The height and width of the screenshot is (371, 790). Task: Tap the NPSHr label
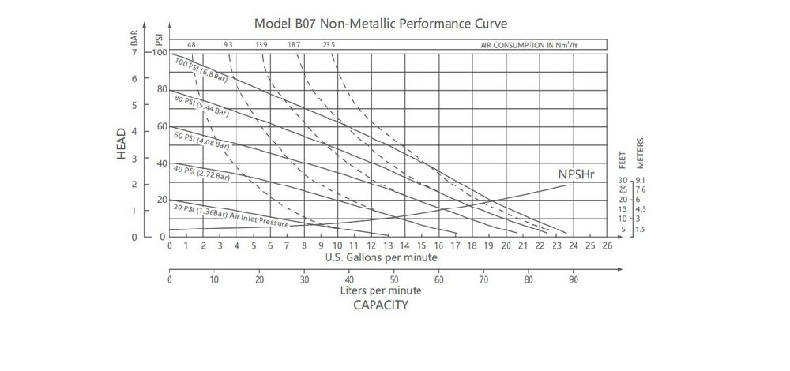(577, 175)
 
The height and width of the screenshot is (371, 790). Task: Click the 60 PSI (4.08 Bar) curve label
(201, 140)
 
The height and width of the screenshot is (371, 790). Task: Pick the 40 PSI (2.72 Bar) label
(201, 173)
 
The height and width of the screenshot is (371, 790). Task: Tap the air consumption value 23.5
(329, 45)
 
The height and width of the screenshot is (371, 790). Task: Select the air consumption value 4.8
(191, 45)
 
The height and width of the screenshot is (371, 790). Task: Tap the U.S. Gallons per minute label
(381, 257)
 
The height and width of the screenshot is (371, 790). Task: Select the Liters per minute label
(381, 290)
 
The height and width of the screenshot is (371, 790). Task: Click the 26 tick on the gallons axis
(607, 245)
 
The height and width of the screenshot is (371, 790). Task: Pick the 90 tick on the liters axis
(574, 279)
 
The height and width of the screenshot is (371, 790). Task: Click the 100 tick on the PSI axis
(160, 52)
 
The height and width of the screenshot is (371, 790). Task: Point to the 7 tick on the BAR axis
(134, 52)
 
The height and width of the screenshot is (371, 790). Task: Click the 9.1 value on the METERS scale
(641, 181)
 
